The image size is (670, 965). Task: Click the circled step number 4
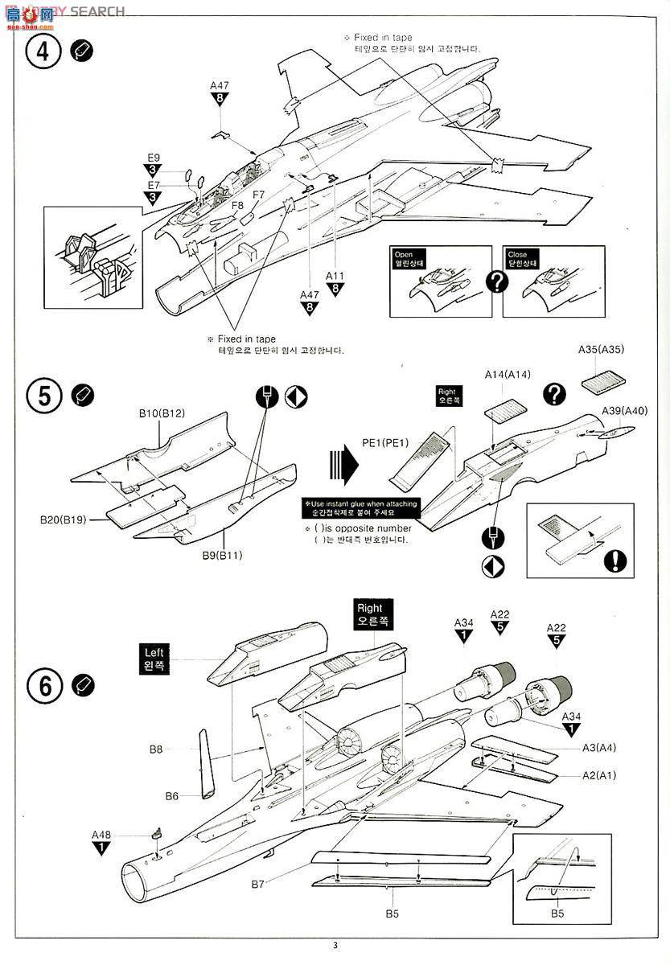pos(43,52)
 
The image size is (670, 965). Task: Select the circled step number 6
pos(43,685)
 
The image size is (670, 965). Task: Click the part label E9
pos(153,158)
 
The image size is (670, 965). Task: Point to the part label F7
pos(258,195)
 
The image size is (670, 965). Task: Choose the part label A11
pos(335,275)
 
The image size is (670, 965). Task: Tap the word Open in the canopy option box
pos(404,254)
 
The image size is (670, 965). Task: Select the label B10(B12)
pos(161,413)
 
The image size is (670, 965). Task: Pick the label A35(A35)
pos(601,350)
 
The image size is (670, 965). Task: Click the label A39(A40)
pos(624,411)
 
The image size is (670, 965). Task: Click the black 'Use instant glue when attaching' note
pos(360,508)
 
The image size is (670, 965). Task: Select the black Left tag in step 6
pos(154,659)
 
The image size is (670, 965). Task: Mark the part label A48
pos(101,834)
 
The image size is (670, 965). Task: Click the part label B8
pos(156,749)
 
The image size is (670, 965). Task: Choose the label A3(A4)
pos(599,748)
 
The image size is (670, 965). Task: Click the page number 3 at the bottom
pos(335,945)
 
